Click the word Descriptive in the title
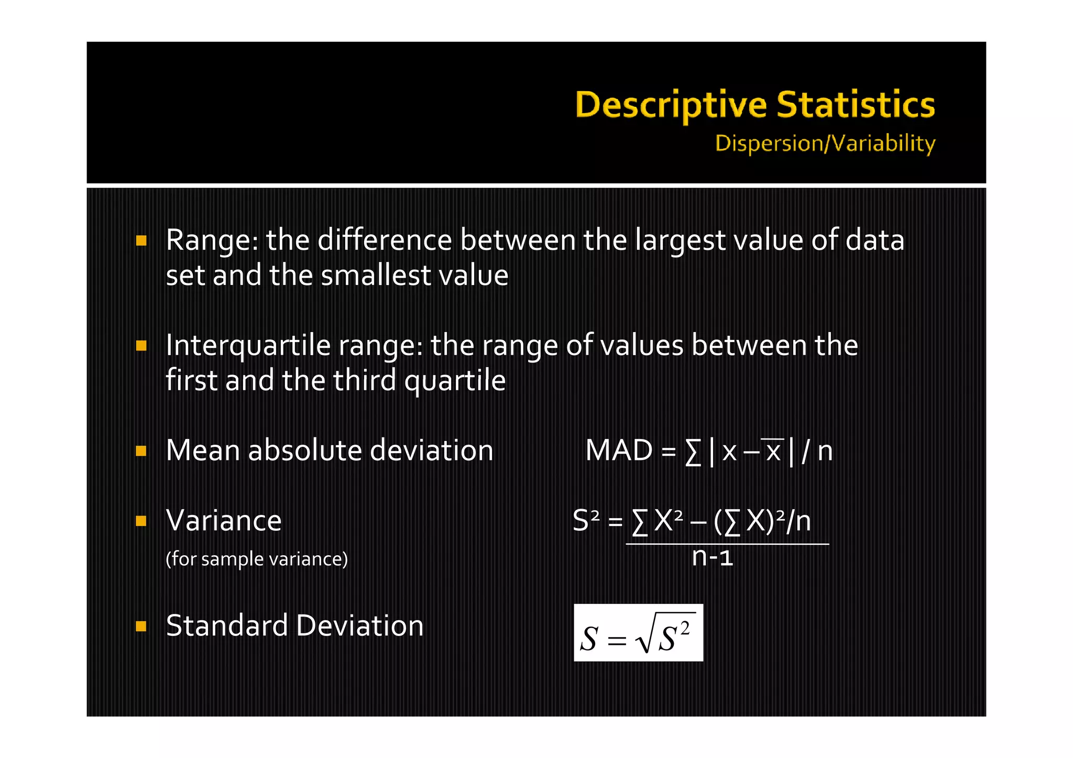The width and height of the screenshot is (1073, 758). [x=671, y=105]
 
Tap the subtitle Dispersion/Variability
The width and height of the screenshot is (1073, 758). [x=825, y=144]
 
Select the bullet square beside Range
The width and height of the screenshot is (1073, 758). [x=141, y=240]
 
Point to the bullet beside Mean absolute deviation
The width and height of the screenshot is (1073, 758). [x=141, y=451]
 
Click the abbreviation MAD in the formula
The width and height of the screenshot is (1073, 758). [x=619, y=451]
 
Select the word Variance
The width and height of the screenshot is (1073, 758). [x=224, y=521]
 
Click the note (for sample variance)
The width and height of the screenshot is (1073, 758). [x=257, y=559]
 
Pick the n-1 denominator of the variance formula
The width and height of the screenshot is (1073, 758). [x=712, y=556]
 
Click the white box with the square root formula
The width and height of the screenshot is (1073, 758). [x=638, y=633]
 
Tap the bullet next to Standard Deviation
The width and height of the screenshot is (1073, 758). [x=141, y=626]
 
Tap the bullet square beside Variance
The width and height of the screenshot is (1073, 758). [x=141, y=521]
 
